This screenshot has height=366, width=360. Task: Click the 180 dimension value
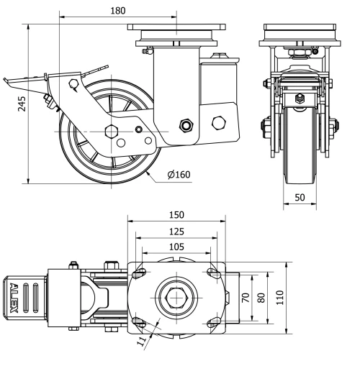(x=118, y=11)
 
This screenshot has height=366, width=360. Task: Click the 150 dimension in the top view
(x=176, y=214)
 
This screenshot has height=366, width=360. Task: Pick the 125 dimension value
(x=176, y=232)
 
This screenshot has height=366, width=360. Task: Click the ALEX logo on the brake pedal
(x=17, y=298)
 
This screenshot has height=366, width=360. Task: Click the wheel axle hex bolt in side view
(x=111, y=131)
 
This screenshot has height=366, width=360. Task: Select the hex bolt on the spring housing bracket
(x=217, y=122)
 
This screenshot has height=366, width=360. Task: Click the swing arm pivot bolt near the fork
(x=187, y=127)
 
